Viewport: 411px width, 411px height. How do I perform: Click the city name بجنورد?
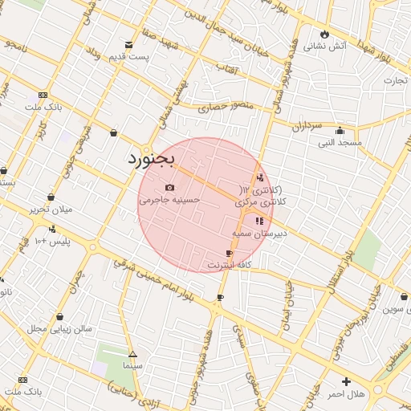(x=150, y=159)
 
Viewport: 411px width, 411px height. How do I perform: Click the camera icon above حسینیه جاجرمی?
(x=169, y=188)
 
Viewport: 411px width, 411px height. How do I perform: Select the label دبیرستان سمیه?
(x=258, y=234)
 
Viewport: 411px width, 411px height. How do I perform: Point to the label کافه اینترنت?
(x=230, y=264)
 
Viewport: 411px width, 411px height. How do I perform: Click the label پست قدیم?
(x=131, y=57)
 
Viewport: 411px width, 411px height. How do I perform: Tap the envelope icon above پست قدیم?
(x=128, y=45)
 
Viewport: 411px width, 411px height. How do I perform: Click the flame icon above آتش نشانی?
(x=324, y=35)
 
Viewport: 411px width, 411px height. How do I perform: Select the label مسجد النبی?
(x=340, y=143)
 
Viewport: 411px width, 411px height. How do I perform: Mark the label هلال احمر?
(x=346, y=394)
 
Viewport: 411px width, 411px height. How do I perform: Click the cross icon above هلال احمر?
(x=346, y=381)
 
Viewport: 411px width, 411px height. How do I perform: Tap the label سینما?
(x=132, y=365)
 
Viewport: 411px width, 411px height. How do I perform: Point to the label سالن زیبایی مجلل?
(x=60, y=328)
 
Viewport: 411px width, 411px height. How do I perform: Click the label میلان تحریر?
(x=51, y=210)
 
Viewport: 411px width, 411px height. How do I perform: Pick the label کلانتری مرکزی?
(x=261, y=203)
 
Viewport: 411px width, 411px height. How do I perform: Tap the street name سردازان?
(x=306, y=126)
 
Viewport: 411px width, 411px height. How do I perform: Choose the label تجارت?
(x=395, y=80)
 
